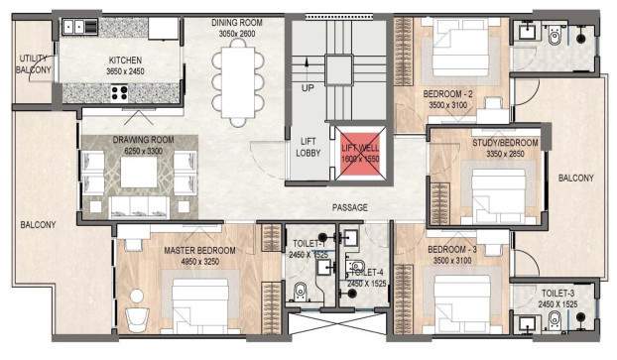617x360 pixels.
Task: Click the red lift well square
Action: [359, 154]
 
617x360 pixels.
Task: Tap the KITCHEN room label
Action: [127, 61]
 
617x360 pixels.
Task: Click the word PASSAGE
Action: [350, 207]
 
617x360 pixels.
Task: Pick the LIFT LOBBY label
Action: [308, 147]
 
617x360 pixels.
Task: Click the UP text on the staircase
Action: [307, 87]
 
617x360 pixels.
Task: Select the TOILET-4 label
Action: [368, 272]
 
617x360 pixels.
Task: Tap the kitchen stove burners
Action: [121, 93]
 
